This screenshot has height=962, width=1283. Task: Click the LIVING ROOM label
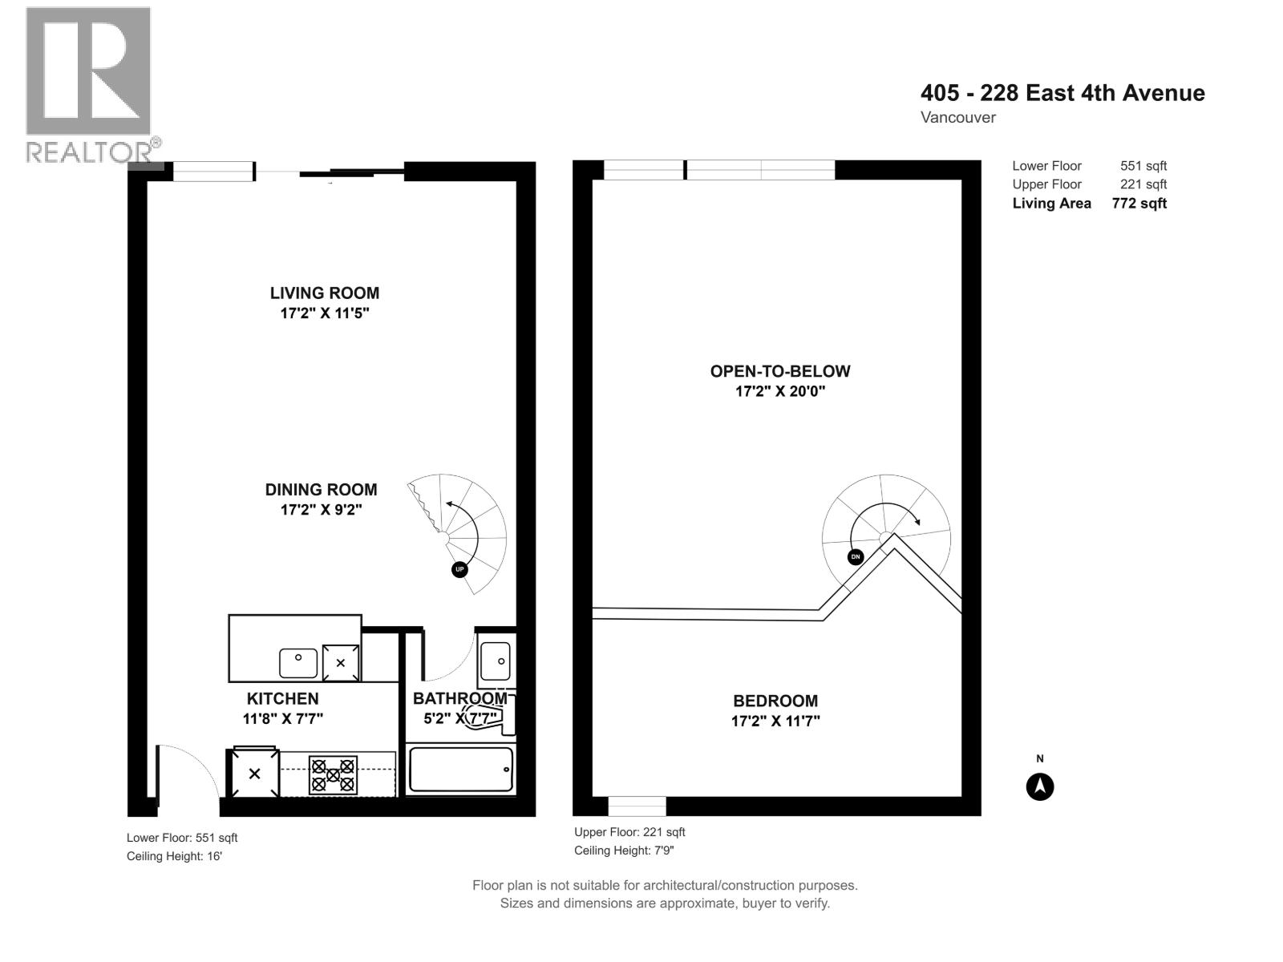pos(324,293)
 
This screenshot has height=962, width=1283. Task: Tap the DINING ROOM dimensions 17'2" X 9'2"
pos(321,510)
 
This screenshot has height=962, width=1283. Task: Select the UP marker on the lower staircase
pos(459,569)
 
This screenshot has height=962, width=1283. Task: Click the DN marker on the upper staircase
pos(856,557)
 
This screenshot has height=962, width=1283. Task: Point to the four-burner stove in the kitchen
pos(333,774)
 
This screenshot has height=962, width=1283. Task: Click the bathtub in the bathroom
pos(460,770)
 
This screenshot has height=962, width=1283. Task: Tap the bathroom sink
pos(495,661)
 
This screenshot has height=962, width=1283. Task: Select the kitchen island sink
pos(298,663)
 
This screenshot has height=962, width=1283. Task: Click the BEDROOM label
pos(775,701)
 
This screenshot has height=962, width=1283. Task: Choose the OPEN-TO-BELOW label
pos(779,371)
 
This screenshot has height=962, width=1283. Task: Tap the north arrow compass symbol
pos(1040,786)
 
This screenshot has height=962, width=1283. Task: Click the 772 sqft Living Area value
pos(1139,204)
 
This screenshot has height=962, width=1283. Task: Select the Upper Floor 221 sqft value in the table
pos(1143,184)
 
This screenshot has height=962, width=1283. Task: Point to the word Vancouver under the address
pos(957,118)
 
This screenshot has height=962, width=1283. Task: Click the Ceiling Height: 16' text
pos(174,856)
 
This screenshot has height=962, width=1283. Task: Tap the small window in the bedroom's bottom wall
pos(637,806)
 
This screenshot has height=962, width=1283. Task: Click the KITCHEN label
pos(282,699)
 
